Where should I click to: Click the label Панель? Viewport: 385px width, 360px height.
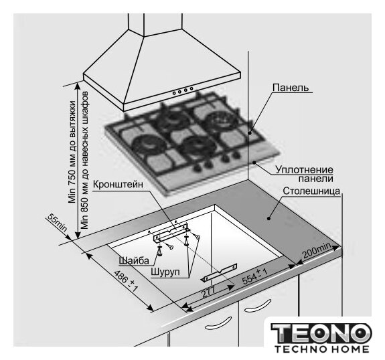point(291,88)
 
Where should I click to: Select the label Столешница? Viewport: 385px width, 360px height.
point(311,191)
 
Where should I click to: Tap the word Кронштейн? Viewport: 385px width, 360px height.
point(118,185)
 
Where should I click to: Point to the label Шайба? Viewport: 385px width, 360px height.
point(134,260)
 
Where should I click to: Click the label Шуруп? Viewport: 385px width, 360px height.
point(165,272)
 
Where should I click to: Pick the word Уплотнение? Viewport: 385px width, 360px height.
point(304,170)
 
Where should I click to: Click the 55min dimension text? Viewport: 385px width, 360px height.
point(57,223)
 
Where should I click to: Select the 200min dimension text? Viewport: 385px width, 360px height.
point(317,251)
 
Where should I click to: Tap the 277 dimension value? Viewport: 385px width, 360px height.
point(208,292)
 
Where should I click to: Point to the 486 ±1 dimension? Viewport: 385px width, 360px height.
point(126,281)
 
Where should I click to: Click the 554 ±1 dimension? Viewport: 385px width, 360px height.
point(254,276)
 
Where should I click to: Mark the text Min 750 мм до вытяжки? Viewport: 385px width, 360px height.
point(72,152)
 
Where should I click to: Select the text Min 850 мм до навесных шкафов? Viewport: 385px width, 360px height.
point(85,160)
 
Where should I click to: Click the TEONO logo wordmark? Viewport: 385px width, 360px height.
point(321,333)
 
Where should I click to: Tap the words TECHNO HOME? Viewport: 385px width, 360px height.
point(321,349)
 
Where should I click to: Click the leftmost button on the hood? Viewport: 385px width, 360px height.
point(174,93)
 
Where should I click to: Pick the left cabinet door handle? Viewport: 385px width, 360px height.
point(218,323)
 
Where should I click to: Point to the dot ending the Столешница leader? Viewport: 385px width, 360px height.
point(268,218)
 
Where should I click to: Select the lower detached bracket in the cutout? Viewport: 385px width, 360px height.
point(220,272)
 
